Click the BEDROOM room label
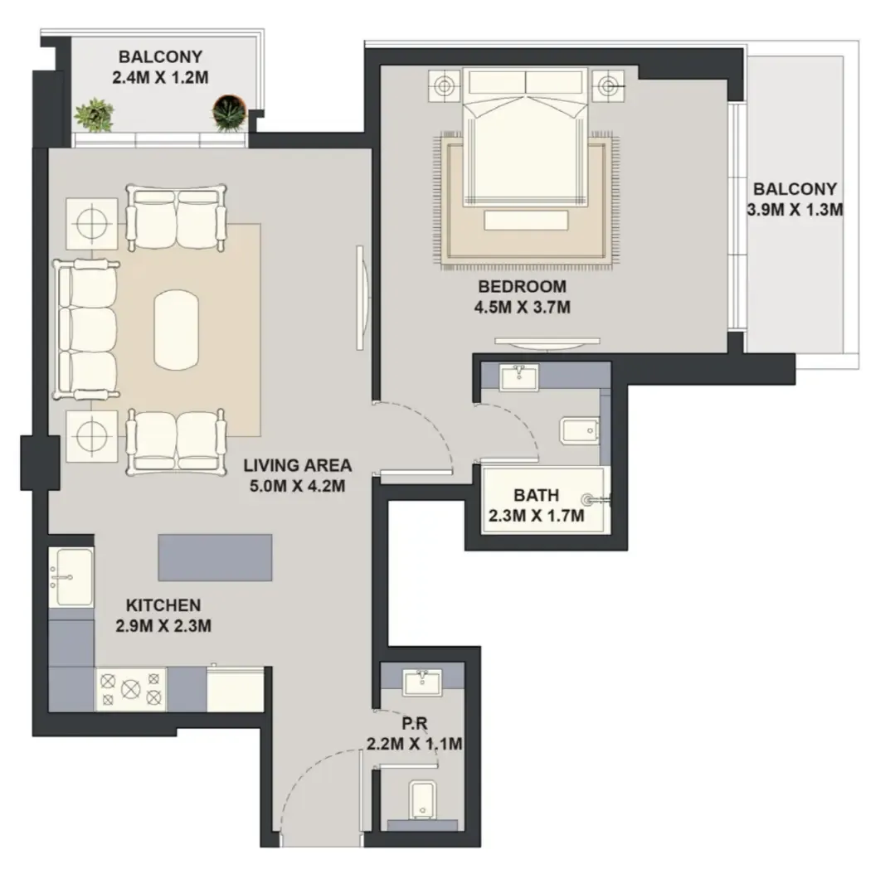(x=522, y=287)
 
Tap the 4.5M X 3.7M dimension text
(x=523, y=307)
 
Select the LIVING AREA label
(x=298, y=465)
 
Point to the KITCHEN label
(x=163, y=605)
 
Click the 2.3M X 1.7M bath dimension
(x=537, y=516)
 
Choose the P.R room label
(x=415, y=724)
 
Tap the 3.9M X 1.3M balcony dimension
(x=795, y=210)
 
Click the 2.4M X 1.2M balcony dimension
(x=161, y=77)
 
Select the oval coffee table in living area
(x=177, y=329)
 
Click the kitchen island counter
(x=215, y=557)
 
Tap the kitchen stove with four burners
(x=131, y=688)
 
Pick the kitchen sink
(x=71, y=577)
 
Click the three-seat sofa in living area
(x=86, y=329)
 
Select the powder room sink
(x=421, y=682)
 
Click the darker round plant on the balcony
(x=229, y=113)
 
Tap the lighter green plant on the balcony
(x=94, y=115)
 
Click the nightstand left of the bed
(x=443, y=86)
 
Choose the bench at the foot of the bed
(x=526, y=221)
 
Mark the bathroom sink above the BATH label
(x=518, y=378)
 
